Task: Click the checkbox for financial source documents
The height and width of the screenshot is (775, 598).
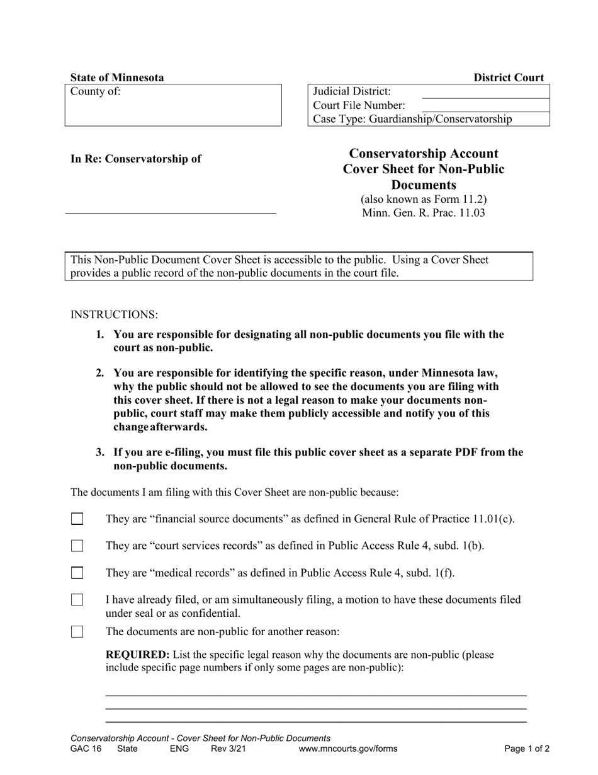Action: [x=77, y=519]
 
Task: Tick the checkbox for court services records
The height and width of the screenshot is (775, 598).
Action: [x=77, y=546]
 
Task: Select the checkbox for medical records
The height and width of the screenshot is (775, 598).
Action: [x=77, y=573]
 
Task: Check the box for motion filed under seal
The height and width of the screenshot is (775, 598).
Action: [x=77, y=600]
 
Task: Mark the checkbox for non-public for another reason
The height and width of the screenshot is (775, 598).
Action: [x=77, y=631]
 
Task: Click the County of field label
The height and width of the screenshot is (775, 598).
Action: [x=95, y=91]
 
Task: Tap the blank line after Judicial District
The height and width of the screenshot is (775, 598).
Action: [x=485, y=93]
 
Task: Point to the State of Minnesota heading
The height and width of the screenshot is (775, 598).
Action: [x=117, y=77]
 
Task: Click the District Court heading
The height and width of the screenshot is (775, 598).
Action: [x=509, y=77]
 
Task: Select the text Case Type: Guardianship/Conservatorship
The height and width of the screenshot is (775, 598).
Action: [x=412, y=119]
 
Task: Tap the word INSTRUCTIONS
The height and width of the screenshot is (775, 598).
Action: [x=114, y=314]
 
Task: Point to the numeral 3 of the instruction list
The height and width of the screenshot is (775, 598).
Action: [x=99, y=452]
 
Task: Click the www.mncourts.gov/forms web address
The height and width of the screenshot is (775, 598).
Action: [x=348, y=749]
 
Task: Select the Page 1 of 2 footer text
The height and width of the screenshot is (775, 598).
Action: [x=527, y=749]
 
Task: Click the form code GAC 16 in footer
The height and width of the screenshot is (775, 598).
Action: [x=86, y=749]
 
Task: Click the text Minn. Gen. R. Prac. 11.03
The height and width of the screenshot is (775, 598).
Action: [x=423, y=212]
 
